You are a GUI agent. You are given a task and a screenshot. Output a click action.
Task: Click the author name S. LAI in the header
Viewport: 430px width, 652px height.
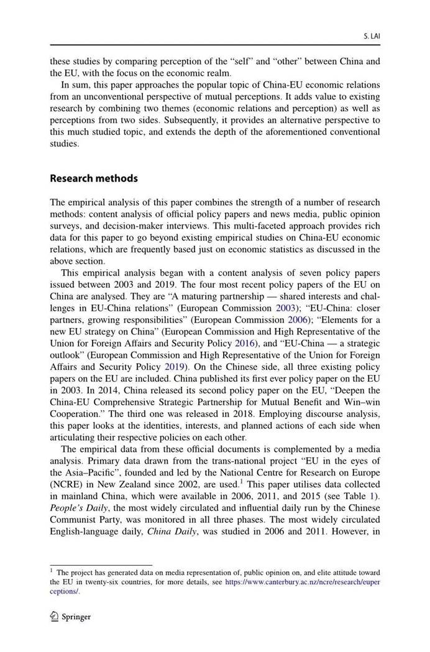(372, 37)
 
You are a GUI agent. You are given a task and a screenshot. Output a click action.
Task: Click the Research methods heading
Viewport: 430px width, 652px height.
(94, 178)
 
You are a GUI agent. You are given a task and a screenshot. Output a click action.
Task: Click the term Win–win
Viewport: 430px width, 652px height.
(362, 402)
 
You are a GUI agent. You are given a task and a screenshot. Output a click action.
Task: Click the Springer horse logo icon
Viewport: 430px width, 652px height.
(54, 617)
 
